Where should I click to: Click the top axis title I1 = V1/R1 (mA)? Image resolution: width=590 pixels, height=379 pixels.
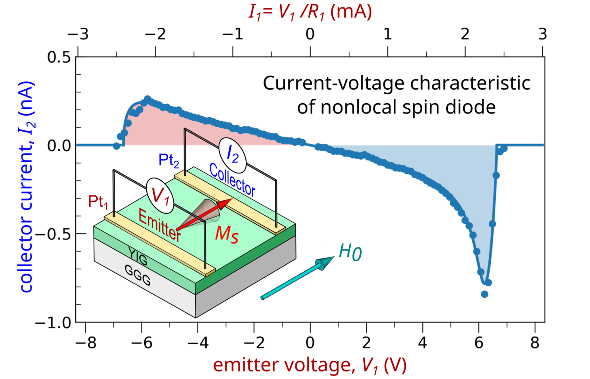pos(310,12)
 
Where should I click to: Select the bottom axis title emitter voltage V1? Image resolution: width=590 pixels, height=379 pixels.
pos(310,365)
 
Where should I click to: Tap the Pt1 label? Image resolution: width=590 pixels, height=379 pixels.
pos(98,202)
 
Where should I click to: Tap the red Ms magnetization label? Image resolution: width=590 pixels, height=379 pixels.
pos(226,235)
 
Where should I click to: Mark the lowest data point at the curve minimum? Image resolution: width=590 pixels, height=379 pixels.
pos(485,294)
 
